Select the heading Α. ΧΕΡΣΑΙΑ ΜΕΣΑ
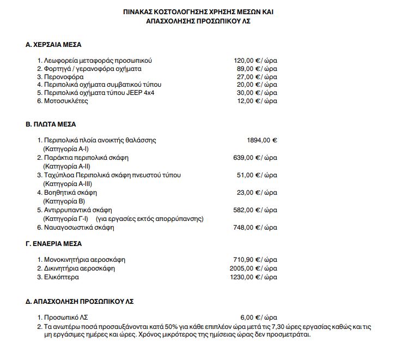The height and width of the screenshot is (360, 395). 53,44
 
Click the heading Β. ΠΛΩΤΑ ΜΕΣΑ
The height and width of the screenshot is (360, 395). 51,124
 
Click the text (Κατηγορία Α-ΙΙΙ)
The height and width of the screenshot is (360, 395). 68,184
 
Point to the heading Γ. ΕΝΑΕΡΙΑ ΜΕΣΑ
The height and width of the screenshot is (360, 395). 54,244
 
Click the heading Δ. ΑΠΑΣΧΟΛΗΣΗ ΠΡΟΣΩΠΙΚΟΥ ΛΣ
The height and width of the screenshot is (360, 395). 80,301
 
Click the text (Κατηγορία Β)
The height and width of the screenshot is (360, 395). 64,201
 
